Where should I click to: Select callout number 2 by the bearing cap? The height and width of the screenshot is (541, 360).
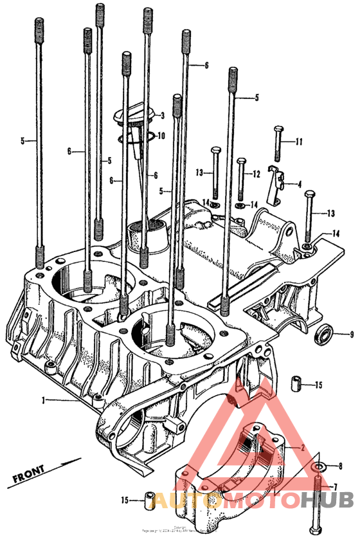click(x=303, y=446)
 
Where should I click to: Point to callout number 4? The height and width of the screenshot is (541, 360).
click(x=299, y=184)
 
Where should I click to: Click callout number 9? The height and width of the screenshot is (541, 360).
click(x=352, y=334)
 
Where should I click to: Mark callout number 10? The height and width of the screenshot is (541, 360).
click(x=161, y=136)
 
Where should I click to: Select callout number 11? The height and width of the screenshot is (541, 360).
click(x=298, y=142)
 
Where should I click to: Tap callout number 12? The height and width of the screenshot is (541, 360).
click(x=255, y=173)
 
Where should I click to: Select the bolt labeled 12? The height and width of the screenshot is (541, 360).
click(x=240, y=179)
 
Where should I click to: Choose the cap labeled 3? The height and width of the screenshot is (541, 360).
click(x=132, y=116)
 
